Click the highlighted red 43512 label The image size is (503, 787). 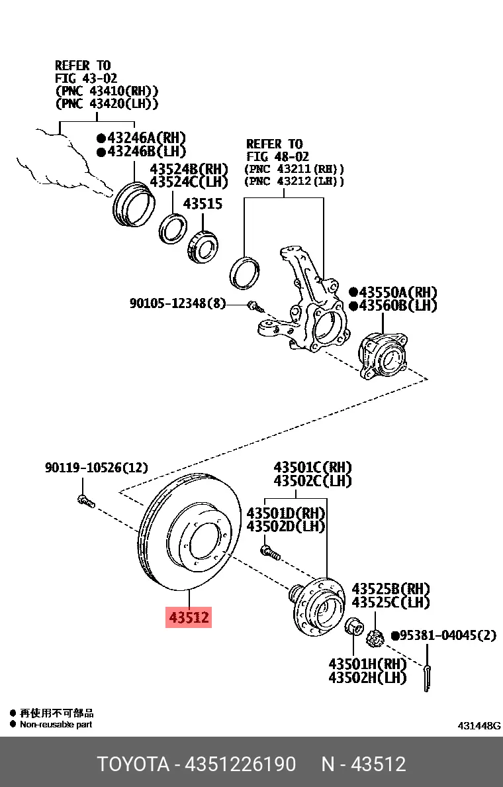(x=189, y=617)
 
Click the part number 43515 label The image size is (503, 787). (x=203, y=204)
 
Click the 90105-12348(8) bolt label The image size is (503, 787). (x=177, y=303)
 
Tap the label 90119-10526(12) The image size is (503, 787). (x=97, y=468)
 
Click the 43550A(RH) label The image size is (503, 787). (x=398, y=292)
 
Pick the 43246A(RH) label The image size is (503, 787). (x=141, y=138)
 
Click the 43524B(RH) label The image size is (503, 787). (x=189, y=168)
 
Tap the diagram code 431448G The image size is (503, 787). (x=479, y=726)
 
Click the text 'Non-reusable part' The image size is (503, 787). (x=56, y=725)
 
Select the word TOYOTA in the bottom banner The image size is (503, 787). (x=134, y=764)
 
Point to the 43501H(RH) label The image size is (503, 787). (x=367, y=663)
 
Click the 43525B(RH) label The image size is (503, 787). (x=390, y=588)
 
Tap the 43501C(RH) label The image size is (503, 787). (x=312, y=468)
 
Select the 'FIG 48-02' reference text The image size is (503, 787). (x=277, y=156)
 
